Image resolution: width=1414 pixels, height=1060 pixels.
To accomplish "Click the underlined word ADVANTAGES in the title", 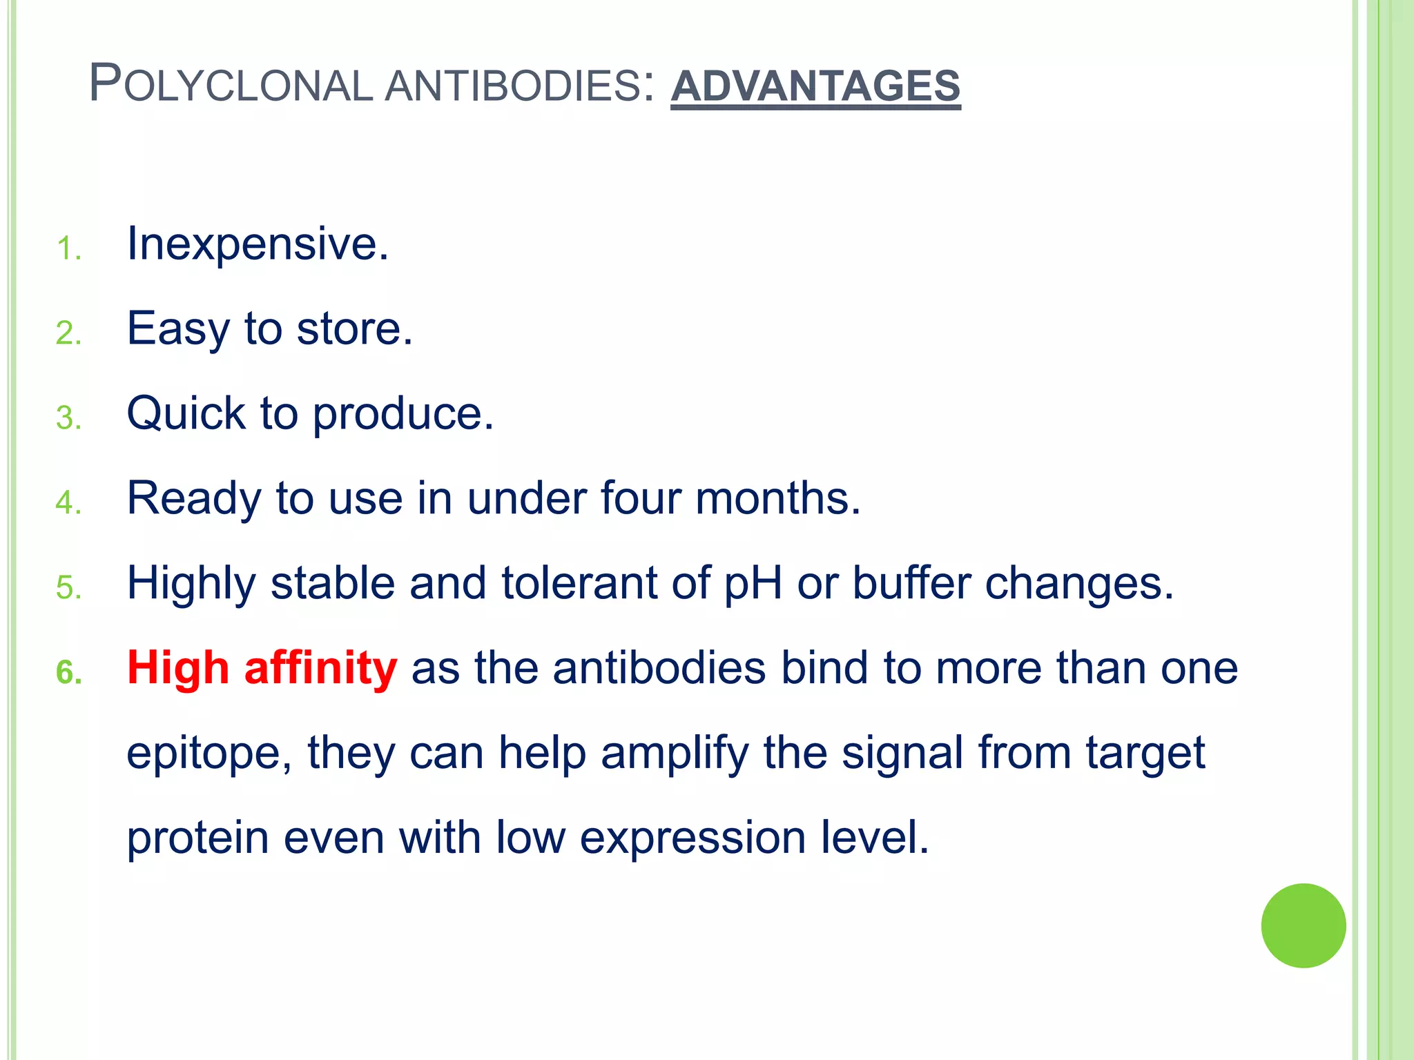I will (815, 86).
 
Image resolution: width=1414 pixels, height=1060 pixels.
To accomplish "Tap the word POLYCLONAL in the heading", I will (231, 85).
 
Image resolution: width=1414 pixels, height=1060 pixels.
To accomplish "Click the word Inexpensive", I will (257, 244).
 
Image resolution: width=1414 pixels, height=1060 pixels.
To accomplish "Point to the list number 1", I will (68, 249).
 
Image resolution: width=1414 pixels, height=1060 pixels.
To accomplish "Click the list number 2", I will (68, 334).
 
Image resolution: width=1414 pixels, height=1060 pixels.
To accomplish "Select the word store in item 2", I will (353, 328).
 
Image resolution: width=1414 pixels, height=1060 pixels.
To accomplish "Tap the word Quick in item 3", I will (186, 413).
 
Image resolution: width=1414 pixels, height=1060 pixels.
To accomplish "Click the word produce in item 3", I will (403, 415).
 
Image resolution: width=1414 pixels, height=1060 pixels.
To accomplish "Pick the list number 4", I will (68, 503).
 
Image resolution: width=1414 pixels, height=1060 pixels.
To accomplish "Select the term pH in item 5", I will (753, 584).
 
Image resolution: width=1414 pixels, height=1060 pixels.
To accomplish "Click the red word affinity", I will (320, 668).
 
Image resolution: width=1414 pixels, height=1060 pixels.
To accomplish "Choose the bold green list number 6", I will (68, 673).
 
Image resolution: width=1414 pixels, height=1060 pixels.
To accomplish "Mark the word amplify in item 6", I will (675, 753).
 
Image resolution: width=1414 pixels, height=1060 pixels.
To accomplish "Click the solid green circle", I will (1303, 925).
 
